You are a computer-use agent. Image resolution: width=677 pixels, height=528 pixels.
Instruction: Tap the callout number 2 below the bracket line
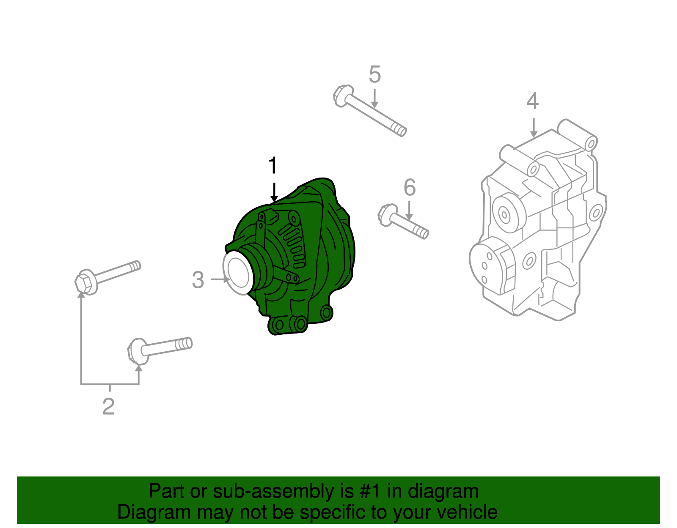(x=109, y=406)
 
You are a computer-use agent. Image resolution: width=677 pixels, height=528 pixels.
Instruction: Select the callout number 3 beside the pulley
(x=198, y=280)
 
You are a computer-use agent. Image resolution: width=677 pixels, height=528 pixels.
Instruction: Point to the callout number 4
(x=532, y=101)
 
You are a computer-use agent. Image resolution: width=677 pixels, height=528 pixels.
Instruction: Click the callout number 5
(x=374, y=74)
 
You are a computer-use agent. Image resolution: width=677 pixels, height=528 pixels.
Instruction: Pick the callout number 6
(x=410, y=187)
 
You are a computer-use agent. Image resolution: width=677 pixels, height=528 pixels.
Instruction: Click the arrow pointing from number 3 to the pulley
(x=220, y=279)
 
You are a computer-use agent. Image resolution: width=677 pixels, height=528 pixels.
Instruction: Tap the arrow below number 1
(x=274, y=193)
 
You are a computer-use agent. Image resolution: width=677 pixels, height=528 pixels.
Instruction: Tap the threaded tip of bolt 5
(x=399, y=130)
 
